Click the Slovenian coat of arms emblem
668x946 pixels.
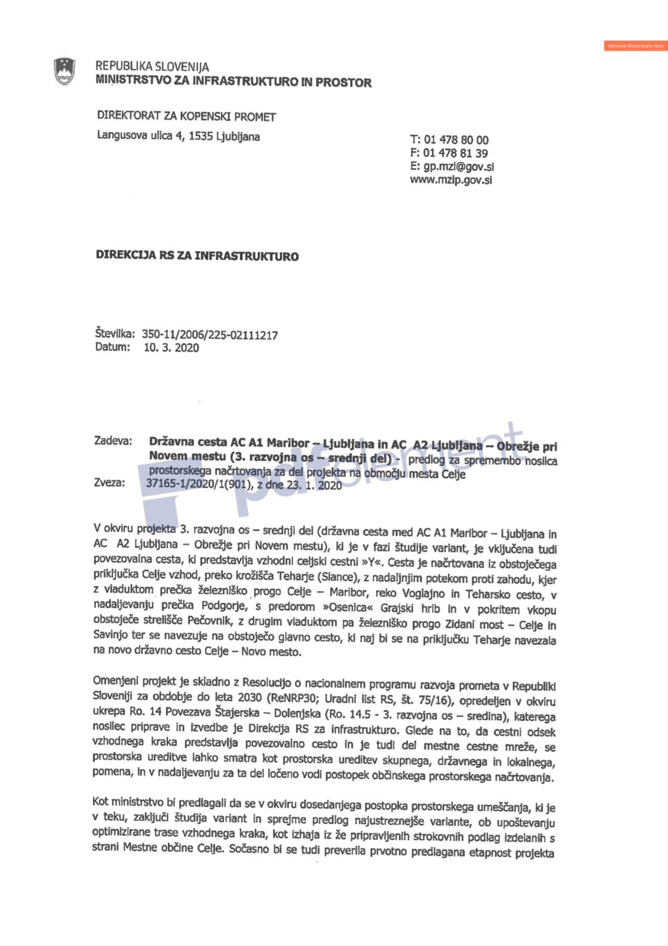click(x=65, y=71)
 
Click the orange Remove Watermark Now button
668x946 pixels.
click(x=635, y=46)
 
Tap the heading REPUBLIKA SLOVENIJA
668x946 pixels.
click(x=152, y=67)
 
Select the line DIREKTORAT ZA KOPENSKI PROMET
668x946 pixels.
click(x=186, y=116)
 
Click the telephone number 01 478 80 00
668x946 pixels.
click(x=456, y=140)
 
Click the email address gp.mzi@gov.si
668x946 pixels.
click(x=458, y=166)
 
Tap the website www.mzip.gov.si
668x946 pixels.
click(x=451, y=180)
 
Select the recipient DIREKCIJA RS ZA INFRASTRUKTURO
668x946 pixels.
click(x=197, y=256)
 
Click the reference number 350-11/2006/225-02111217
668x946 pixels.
click(x=209, y=335)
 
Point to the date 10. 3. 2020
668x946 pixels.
click(x=171, y=348)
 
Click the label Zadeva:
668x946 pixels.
click(x=113, y=441)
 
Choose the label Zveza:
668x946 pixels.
click(x=109, y=482)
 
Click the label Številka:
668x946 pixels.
click(x=115, y=334)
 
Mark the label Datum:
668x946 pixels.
click(x=112, y=347)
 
